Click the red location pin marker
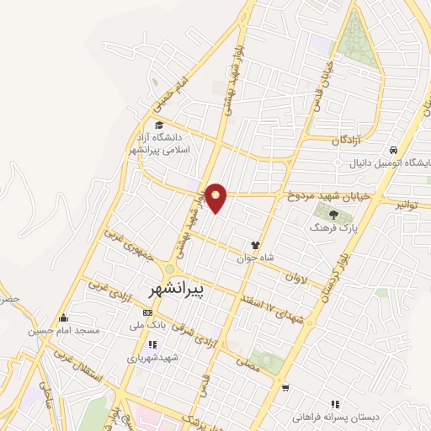(x=217, y=197)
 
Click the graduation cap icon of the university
(x=159, y=125)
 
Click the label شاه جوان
(x=263, y=259)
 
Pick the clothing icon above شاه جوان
(x=255, y=245)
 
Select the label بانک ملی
(x=146, y=325)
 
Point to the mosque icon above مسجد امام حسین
(x=63, y=318)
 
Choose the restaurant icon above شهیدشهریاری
(x=152, y=344)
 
